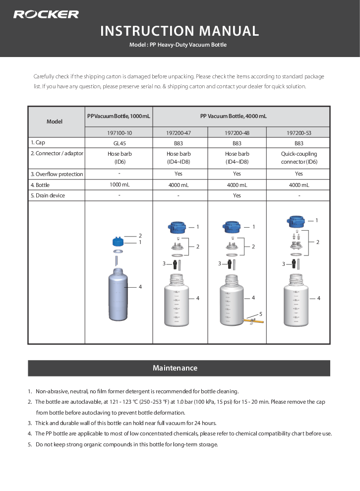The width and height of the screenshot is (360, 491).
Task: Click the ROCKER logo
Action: point(46,14)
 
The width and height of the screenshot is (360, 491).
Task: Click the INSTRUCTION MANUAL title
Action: point(180,31)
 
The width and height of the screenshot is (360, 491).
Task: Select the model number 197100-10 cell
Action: point(119,133)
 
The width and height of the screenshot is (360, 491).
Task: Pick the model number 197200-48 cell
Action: point(237,133)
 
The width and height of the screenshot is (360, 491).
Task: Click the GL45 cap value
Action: point(119,143)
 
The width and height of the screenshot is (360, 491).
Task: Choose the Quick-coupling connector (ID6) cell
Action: point(299,158)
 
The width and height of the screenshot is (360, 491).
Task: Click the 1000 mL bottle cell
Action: point(119,185)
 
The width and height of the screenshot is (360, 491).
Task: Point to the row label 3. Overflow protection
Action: point(57,174)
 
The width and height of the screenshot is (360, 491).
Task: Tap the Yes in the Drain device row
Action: point(237,195)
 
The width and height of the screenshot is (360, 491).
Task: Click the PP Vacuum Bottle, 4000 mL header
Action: point(233,116)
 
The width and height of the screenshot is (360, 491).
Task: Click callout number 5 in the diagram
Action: point(260,313)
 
